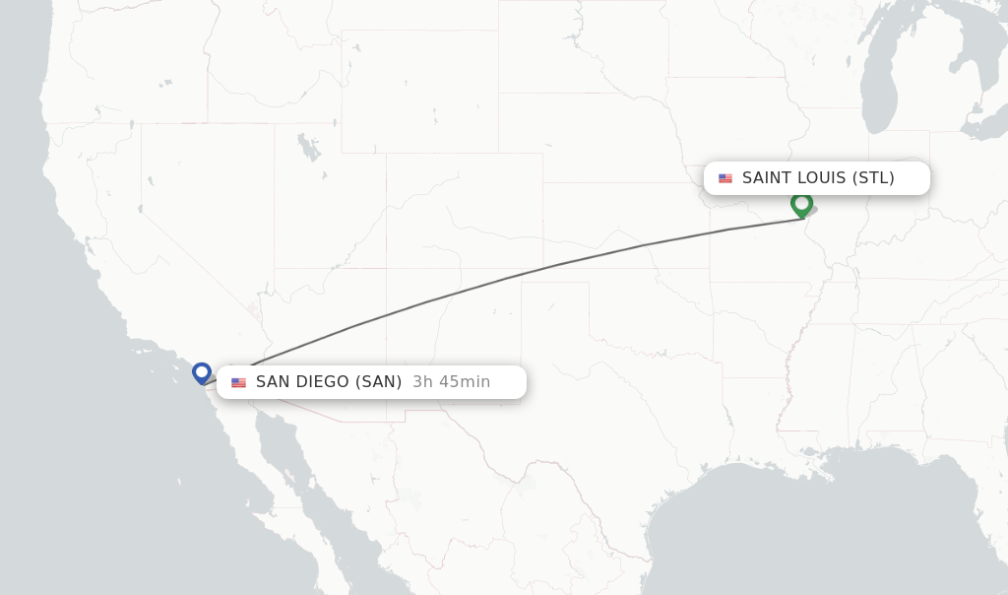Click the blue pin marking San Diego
(202, 372)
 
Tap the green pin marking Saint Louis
(801, 203)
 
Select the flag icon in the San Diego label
(238, 382)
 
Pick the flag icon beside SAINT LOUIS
(725, 178)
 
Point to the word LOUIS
(821, 178)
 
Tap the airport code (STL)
(873, 178)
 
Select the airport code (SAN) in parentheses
(378, 382)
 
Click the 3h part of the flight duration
(423, 382)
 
